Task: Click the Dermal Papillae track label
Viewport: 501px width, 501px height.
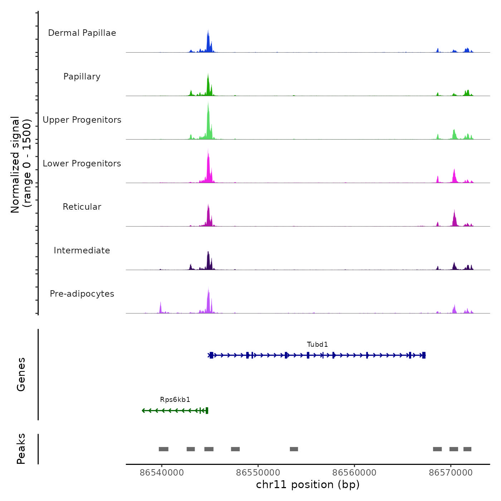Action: coord(82,33)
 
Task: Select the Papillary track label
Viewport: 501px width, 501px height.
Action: coord(82,77)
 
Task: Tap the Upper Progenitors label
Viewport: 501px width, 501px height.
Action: coord(82,120)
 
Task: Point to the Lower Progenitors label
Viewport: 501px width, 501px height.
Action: coord(82,164)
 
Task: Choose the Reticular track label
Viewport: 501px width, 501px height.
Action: coord(82,207)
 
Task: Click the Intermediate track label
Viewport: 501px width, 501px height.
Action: coord(82,250)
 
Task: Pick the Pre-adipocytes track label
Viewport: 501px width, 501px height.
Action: coord(82,294)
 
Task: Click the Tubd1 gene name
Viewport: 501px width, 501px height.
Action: coord(317,345)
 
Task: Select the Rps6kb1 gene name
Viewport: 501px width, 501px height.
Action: coord(175,400)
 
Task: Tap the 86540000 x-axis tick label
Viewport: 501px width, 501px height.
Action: coord(162,473)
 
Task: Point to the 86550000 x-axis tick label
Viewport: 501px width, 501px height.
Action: coord(258,473)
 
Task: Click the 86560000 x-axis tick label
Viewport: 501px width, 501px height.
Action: coord(354,473)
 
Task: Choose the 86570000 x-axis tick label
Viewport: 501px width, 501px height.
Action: coord(451,473)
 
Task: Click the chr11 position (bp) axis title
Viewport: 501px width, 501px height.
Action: coord(308,485)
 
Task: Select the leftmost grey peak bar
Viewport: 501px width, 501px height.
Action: coord(164,449)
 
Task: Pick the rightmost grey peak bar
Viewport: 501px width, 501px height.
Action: coord(467,449)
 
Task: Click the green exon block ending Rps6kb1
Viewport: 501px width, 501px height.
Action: coord(207,410)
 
